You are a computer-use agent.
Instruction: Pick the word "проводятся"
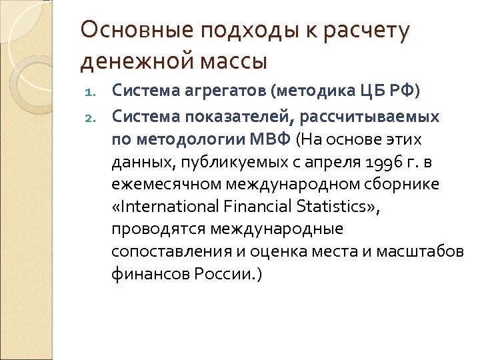pyautogui.click(x=155, y=229)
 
